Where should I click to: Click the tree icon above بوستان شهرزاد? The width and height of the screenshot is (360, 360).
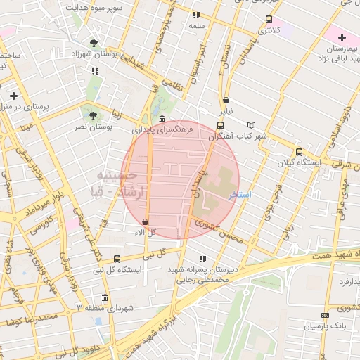click(x=94, y=43)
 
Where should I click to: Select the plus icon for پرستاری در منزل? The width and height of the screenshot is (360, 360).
click(x=13, y=95)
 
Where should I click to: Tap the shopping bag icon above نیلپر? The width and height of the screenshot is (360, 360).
click(x=226, y=100)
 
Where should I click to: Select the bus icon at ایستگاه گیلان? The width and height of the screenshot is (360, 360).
click(x=299, y=151)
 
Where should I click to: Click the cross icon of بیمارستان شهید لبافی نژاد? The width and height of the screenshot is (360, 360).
click(x=342, y=37)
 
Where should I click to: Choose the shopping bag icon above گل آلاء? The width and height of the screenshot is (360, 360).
click(x=146, y=221)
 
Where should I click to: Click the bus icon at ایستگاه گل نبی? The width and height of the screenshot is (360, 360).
click(x=116, y=259)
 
